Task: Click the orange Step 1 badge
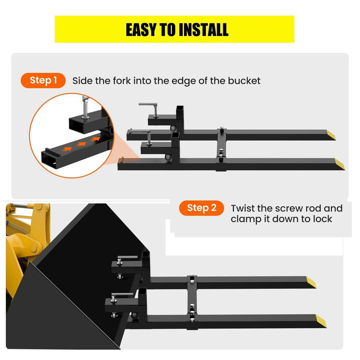click(x=43, y=81)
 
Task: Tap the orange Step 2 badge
click(x=202, y=208)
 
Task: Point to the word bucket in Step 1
click(x=244, y=81)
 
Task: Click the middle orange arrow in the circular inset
click(x=81, y=144)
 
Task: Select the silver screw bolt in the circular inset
click(x=85, y=108)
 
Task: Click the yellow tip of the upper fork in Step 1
click(x=331, y=135)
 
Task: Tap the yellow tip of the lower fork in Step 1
click(x=340, y=164)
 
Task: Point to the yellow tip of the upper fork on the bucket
click(x=311, y=282)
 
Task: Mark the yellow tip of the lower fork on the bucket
click(x=321, y=321)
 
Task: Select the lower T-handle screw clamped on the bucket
click(x=120, y=297)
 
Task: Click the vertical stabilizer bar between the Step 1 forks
click(x=221, y=149)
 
